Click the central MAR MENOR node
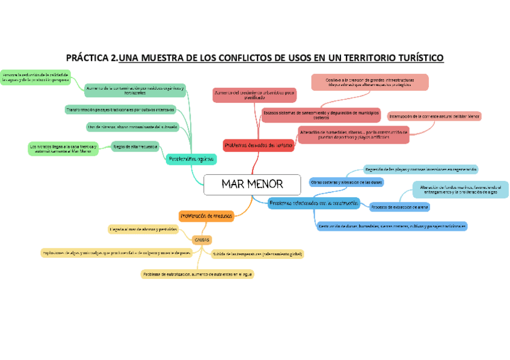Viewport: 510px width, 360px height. click(x=252, y=185)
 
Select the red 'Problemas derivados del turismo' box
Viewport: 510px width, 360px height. click(x=259, y=145)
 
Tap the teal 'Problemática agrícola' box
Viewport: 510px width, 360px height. click(x=191, y=159)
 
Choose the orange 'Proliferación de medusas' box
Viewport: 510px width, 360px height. click(x=206, y=215)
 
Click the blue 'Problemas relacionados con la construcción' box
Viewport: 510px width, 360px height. click(x=313, y=203)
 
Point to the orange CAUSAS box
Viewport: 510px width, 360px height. click(x=201, y=239)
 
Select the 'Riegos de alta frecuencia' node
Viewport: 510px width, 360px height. click(x=135, y=146)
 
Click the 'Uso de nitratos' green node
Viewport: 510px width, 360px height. click(x=132, y=127)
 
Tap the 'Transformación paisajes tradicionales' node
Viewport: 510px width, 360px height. click(x=120, y=110)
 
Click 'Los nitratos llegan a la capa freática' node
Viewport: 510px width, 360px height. click(x=63, y=148)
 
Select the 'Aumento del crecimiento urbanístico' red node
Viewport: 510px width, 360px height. click(x=254, y=95)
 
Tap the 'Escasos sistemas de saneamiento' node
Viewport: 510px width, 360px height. click(x=321, y=114)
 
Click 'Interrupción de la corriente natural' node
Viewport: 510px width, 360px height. click(x=434, y=116)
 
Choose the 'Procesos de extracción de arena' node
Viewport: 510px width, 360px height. click(x=399, y=207)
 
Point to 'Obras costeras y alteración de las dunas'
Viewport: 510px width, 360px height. click(x=346, y=182)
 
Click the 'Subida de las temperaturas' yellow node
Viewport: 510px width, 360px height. click(x=257, y=254)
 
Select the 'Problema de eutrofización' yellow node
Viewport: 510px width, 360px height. click(x=197, y=274)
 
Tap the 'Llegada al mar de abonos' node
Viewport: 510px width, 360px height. click(x=143, y=229)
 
